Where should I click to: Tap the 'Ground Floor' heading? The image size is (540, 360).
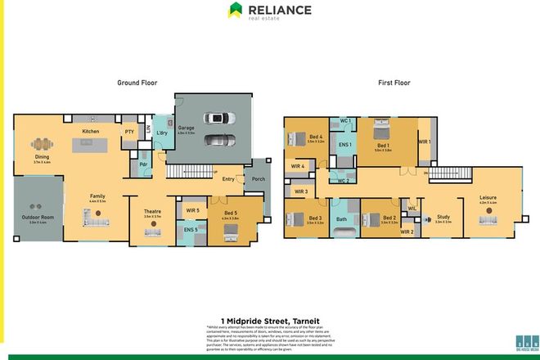point(137,83)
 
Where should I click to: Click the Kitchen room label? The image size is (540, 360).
point(90,131)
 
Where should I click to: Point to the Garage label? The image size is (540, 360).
point(187,128)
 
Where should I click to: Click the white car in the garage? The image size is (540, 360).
point(218,141)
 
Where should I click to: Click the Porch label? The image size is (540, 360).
point(259,179)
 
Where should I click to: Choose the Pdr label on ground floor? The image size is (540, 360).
point(143,164)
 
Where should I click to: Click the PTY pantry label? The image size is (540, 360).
point(129,131)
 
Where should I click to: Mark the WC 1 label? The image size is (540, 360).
point(346,121)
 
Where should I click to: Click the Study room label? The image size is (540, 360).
point(443,217)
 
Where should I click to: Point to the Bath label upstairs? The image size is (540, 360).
point(341,218)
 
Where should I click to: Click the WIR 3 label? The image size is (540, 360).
point(300,191)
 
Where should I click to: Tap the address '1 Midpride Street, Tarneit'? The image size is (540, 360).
point(269,320)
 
